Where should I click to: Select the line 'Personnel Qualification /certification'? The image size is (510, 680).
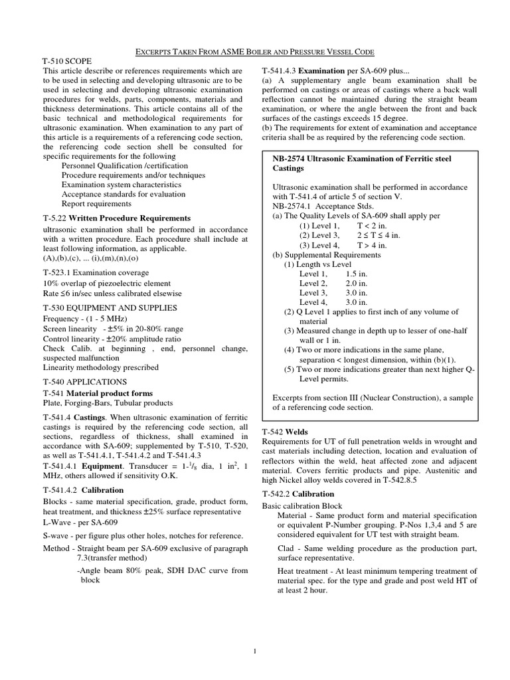click(124, 165)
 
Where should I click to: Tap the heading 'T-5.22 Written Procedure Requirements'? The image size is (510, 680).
click(117, 218)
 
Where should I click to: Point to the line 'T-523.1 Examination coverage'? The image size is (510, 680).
click(96, 273)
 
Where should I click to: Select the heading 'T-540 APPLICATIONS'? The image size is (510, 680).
click(84, 382)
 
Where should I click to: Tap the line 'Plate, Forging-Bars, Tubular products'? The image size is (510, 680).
click(108, 402)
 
